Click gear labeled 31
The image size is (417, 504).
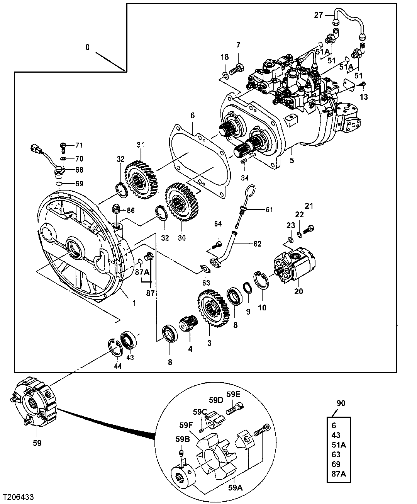tap(141, 180)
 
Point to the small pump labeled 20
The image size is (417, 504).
tap(293, 267)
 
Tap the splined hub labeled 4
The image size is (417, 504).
tap(188, 322)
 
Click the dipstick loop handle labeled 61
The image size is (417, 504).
tap(250, 192)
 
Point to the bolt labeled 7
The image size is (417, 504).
tap(236, 70)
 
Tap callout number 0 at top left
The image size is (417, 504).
tap(87, 47)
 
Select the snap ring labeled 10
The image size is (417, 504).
tap(259, 281)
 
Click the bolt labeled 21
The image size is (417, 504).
tap(309, 229)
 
